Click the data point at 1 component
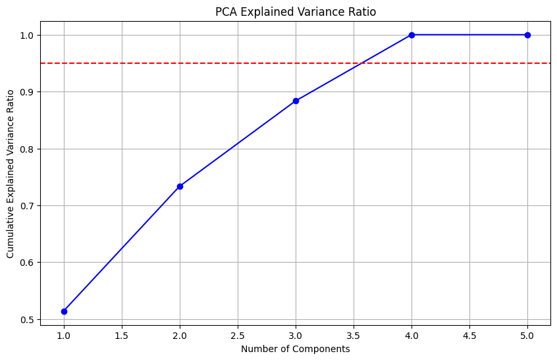point(64,311)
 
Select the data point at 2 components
point(180,186)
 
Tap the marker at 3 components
point(296,101)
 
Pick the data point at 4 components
point(411,35)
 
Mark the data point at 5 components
point(527,35)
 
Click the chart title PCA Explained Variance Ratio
point(296,11)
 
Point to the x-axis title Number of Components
point(296,349)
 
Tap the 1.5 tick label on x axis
point(122,336)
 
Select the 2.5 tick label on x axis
point(238,336)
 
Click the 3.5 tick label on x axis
point(354,336)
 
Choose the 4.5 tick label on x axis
point(469,336)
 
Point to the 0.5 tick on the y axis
point(27,320)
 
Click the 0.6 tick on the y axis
point(27,263)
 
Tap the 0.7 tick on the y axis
point(27,206)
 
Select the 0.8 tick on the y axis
point(27,149)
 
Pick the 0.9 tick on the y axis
point(27,92)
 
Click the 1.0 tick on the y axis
point(27,35)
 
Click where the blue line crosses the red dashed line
point(361,63)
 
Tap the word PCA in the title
point(226,11)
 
